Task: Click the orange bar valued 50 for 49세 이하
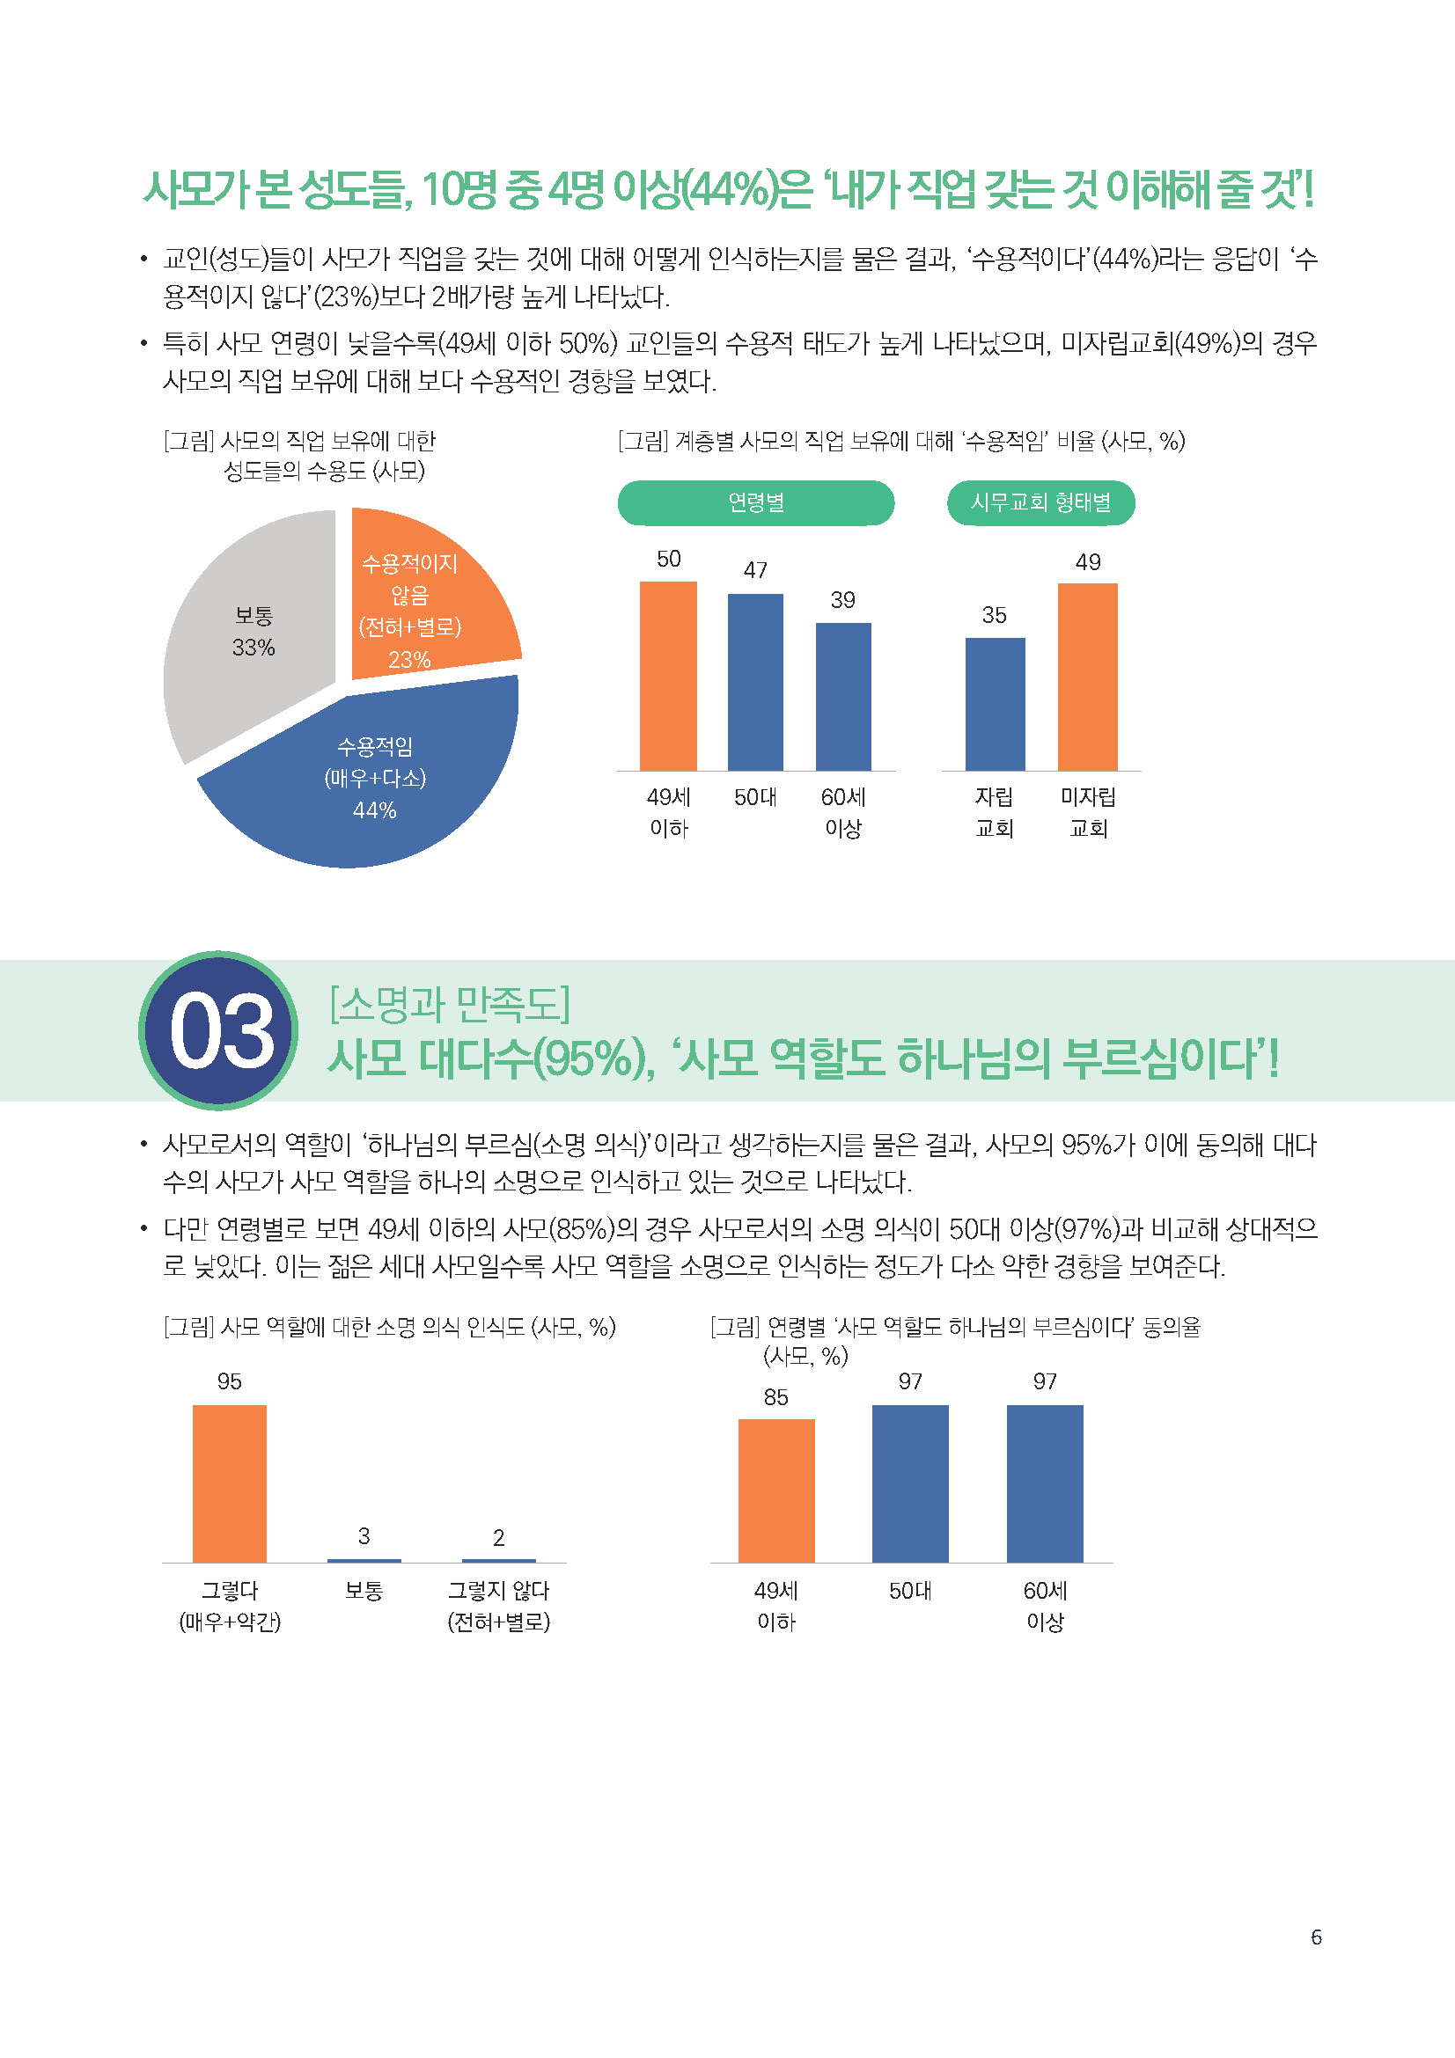[668, 676]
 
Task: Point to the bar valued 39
[842, 697]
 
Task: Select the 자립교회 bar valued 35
[994, 704]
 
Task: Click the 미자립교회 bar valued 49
[1087, 677]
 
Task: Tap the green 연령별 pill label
[756, 503]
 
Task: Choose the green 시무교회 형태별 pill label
[1040, 503]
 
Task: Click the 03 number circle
[219, 1030]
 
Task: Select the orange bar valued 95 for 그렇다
[230, 1483]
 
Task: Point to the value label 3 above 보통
[364, 1536]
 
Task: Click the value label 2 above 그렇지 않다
[498, 1538]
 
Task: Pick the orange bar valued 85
[776, 1490]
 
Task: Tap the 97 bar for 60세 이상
[1045, 1483]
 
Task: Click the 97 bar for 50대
[910, 1483]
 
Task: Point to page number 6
[1316, 1937]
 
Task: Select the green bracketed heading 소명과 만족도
[450, 1004]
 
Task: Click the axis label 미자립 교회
[1087, 812]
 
